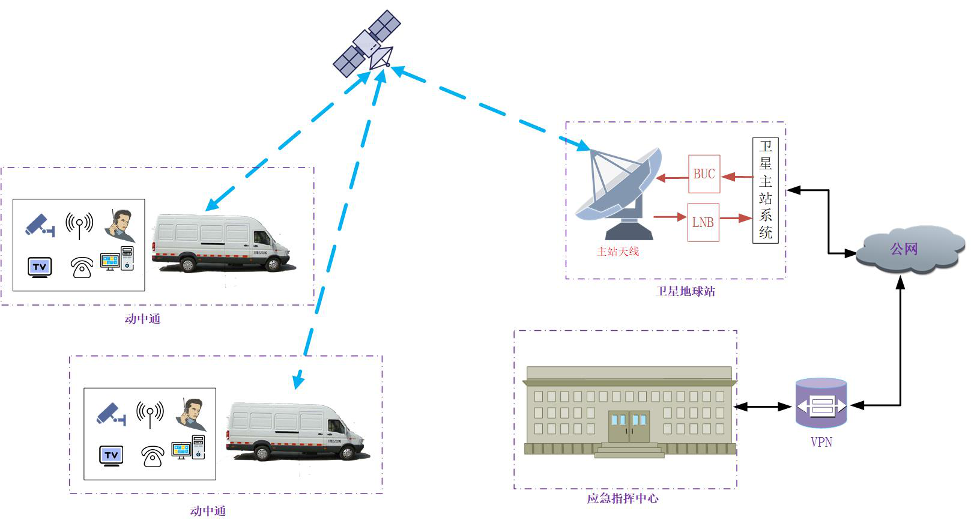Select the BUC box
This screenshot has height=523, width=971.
pyautogui.click(x=704, y=174)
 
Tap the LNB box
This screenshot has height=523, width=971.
pyautogui.click(x=703, y=222)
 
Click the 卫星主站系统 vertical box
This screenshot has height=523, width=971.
pyautogui.click(x=765, y=190)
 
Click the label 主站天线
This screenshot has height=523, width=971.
pyautogui.click(x=618, y=252)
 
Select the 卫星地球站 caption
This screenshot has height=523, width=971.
pyautogui.click(x=685, y=292)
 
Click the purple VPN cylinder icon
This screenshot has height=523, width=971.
pyautogui.click(x=821, y=403)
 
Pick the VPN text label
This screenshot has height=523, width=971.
pyautogui.click(x=821, y=443)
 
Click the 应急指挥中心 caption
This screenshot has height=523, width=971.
pyautogui.click(x=623, y=498)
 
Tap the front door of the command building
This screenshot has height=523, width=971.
pyautogui.click(x=629, y=426)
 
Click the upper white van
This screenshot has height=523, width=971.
pyautogui.click(x=220, y=243)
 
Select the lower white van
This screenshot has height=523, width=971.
pyautogui.click(x=294, y=431)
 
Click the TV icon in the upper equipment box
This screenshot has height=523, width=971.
pyautogui.click(x=40, y=267)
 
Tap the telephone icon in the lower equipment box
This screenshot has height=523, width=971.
pyautogui.click(x=153, y=456)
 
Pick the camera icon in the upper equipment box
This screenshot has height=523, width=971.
pyautogui.click(x=40, y=225)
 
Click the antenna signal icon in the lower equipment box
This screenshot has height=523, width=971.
pyautogui.click(x=150, y=413)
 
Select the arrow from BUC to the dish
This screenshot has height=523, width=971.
pyautogui.click(x=672, y=178)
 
